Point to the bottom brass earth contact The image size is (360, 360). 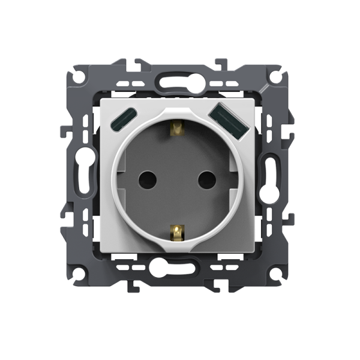[176, 230]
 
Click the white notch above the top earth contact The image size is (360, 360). [176, 109]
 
